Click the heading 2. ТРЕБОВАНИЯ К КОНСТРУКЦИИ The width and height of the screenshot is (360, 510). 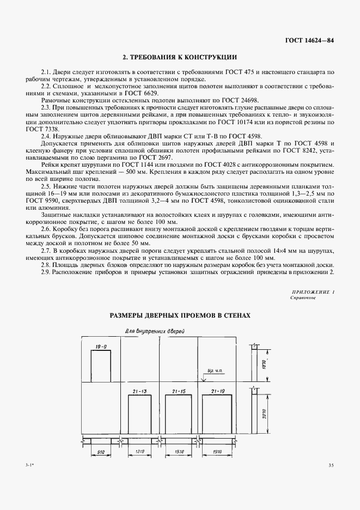[x=180, y=57]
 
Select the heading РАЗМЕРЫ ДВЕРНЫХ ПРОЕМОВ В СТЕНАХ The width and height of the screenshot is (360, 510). [x=180, y=315]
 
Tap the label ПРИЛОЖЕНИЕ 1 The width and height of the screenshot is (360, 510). [x=313, y=293]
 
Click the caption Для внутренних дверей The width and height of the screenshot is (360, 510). [x=155, y=331]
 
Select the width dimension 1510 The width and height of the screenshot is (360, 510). [x=178, y=451]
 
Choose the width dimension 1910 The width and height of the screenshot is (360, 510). [x=220, y=451]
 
